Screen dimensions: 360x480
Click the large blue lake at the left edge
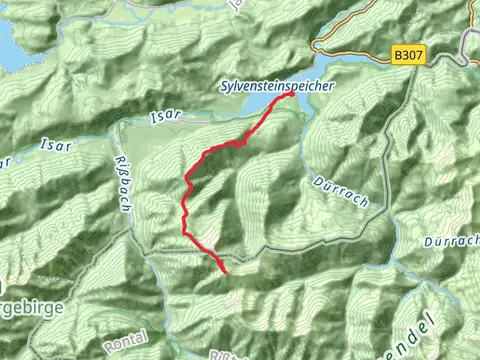10,50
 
